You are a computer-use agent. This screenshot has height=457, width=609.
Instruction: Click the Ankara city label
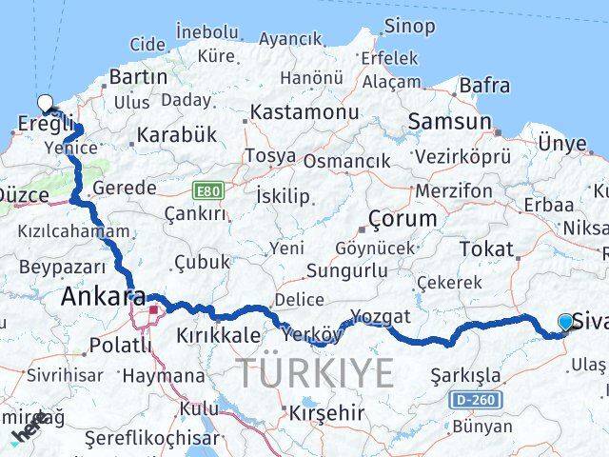pyautogui.click(x=103, y=298)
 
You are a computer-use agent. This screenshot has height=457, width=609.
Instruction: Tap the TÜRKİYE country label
pyautogui.click(x=314, y=372)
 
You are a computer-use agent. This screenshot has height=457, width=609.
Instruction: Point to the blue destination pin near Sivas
pyautogui.click(x=566, y=324)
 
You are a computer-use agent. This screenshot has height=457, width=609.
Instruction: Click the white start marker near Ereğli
pyautogui.click(x=45, y=104)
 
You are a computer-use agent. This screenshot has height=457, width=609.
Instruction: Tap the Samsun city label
pyautogui.click(x=449, y=122)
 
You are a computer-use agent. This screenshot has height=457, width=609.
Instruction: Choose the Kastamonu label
pyautogui.click(x=298, y=113)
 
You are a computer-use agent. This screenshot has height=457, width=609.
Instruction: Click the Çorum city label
pyautogui.click(x=403, y=218)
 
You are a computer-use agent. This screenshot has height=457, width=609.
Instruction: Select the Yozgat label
pyautogui.click(x=380, y=316)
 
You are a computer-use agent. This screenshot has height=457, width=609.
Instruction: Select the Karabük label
pyautogui.click(x=177, y=134)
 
